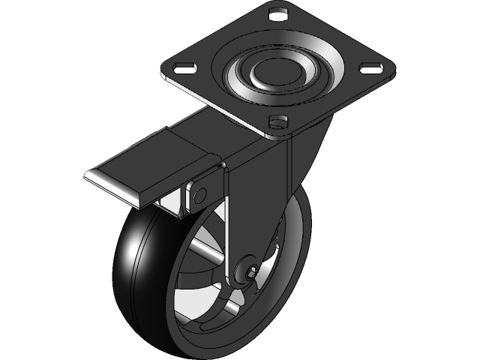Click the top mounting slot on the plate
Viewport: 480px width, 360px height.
click(279, 13)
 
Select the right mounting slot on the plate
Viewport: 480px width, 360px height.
click(370, 68)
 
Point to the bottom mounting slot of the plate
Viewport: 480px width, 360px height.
click(278, 119)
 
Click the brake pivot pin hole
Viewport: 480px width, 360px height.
click(199, 194)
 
